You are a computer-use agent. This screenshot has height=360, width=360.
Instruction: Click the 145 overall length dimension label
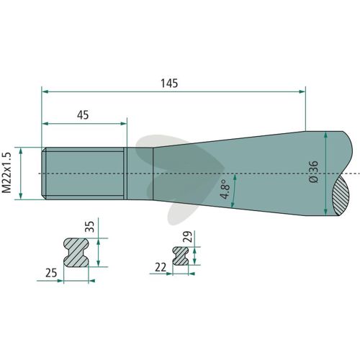pos(169,84)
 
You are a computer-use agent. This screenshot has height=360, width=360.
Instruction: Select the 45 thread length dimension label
pos(83,115)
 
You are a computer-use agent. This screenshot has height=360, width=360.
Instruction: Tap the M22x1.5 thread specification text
pos(6,172)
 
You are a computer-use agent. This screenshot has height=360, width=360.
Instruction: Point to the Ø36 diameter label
pos(313,172)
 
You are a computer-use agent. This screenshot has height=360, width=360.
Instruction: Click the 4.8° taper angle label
pos(225,189)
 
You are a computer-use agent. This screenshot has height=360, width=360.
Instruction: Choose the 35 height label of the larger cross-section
pos(90,227)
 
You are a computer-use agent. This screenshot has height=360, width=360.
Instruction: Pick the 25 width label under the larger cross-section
pos(51,273)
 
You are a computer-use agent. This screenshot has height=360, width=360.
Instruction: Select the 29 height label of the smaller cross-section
pos(187,236)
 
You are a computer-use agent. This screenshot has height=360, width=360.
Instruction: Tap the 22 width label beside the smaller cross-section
pos(161,267)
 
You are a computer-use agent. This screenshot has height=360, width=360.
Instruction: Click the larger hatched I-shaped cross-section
pos(76,253)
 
